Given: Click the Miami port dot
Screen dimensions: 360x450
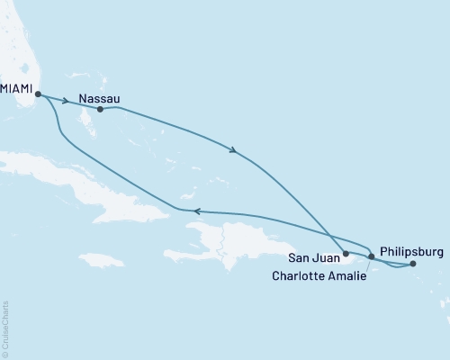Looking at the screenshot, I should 38,92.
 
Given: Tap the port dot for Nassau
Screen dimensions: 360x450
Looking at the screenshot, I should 100,110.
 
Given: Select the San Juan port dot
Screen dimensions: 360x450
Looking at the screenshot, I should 346,254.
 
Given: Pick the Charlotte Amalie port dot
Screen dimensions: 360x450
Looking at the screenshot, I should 372,257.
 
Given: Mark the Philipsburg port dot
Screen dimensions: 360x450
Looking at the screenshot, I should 413,265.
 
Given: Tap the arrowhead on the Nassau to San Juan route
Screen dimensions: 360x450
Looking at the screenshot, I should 235,151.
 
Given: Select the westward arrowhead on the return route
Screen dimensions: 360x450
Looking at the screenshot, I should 197,211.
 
